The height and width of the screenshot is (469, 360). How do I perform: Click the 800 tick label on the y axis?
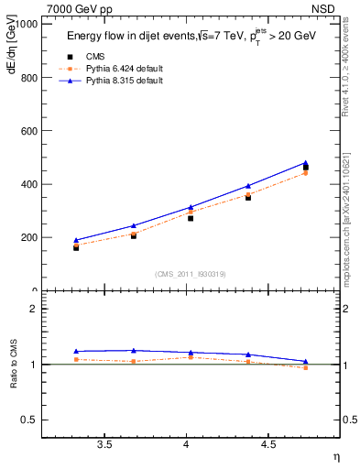tap(29, 78)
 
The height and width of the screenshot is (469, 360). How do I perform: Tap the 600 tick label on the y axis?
tap(29, 131)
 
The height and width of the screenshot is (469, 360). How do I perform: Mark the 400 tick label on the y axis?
tap(29, 184)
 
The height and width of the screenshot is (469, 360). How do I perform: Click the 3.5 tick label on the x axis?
tap(105, 444)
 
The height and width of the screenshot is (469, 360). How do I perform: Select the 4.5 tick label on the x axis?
tap(268, 444)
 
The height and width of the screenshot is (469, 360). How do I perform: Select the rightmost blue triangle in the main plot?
tap(305, 163)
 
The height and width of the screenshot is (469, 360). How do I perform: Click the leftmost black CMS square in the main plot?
tap(76, 247)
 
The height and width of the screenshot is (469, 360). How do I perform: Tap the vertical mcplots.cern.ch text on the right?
tap(349, 220)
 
